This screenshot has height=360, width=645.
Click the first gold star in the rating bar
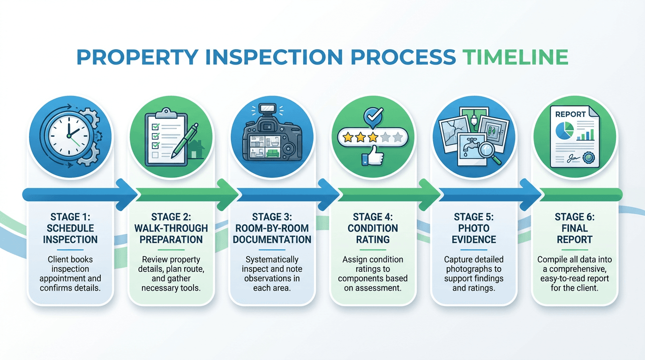click(x=347, y=137)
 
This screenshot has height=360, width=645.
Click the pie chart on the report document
click(x=564, y=131)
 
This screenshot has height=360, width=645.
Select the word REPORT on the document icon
click(x=570, y=114)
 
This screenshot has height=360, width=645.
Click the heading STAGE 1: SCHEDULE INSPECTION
click(x=70, y=228)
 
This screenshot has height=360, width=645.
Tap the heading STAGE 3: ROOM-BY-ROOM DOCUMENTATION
click(x=272, y=228)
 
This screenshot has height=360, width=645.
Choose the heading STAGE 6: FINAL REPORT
click(x=574, y=228)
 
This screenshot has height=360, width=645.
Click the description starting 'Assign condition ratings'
click(x=373, y=274)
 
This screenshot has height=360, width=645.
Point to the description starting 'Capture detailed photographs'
click(x=473, y=274)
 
